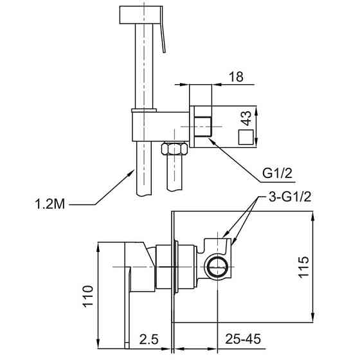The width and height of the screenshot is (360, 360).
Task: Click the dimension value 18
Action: [x=236, y=76]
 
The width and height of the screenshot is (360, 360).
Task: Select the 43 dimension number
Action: [x=247, y=118]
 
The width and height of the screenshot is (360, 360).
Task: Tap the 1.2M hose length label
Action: [x=50, y=204]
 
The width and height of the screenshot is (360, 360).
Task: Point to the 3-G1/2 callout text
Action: [x=290, y=197]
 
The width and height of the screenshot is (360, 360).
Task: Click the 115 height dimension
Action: [x=303, y=267]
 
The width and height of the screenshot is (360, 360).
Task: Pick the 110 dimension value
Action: [x=88, y=296]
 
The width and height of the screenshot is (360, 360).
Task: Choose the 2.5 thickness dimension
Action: [x=148, y=339]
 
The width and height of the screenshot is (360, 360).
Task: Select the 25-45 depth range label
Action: [x=243, y=339]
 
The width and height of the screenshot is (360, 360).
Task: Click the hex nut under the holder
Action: [x=174, y=148]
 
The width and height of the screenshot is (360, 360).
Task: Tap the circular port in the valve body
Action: [x=218, y=267]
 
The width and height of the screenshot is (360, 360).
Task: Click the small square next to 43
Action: [x=246, y=137]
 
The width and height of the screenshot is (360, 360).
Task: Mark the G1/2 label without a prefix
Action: [x=277, y=174]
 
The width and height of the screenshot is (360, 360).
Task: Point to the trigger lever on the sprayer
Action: [x=163, y=30]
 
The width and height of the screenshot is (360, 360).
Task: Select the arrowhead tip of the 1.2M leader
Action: [x=134, y=170]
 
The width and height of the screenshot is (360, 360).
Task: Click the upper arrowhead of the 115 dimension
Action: [x=312, y=212]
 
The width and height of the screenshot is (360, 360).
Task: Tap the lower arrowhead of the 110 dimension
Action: [x=98, y=348]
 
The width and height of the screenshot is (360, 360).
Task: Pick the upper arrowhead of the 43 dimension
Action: [x=256, y=107]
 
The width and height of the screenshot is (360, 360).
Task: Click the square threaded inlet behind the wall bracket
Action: [x=203, y=127]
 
